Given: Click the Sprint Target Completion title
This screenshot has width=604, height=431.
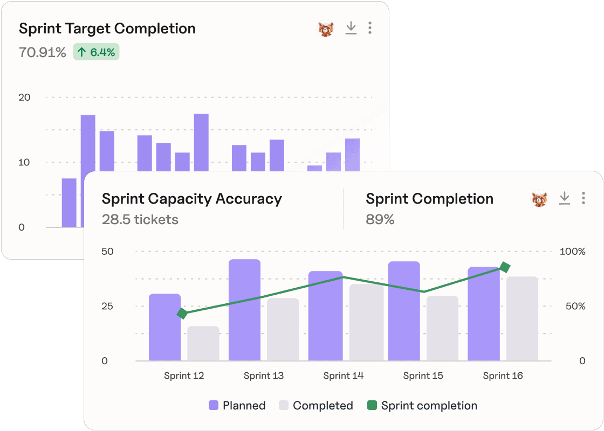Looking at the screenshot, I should tap(107, 29).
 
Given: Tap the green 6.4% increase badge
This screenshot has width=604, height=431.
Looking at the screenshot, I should tap(96, 52).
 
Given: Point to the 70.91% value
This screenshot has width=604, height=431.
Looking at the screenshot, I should tap(43, 52).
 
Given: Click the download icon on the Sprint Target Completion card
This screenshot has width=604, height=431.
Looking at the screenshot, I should tap(351, 28).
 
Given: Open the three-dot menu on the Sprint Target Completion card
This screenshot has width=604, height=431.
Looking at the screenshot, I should tap(369, 28).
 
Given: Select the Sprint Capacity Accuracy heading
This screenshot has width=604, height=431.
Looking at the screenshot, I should tap(191, 199).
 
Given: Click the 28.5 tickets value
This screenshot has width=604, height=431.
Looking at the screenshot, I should tap(140, 219).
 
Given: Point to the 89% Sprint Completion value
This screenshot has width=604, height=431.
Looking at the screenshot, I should tap(380, 219).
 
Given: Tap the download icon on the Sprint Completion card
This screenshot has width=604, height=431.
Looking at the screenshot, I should tap(564, 198).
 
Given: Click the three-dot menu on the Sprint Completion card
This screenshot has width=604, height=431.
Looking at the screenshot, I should tap(583, 198).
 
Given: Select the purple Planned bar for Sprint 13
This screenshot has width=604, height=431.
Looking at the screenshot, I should tap(244, 310).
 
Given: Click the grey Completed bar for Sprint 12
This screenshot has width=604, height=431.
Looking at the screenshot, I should tap(203, 343).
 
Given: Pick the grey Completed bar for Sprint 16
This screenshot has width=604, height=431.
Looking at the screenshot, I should tap(522, 318).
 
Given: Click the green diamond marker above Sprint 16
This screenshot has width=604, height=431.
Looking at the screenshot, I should tap(505, 267).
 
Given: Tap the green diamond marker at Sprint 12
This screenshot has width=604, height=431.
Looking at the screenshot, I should tap(182, 314).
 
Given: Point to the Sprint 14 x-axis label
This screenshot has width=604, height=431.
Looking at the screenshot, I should tap(344, 376).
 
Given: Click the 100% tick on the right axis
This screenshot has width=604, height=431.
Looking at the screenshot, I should tap(572, 252).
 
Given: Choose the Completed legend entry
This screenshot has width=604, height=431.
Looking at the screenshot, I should tap(316, 406).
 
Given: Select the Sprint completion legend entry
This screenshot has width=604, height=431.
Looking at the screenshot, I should tap(422, 406).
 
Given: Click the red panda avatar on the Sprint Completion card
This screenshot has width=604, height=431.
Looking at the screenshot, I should tap(539, 199).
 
